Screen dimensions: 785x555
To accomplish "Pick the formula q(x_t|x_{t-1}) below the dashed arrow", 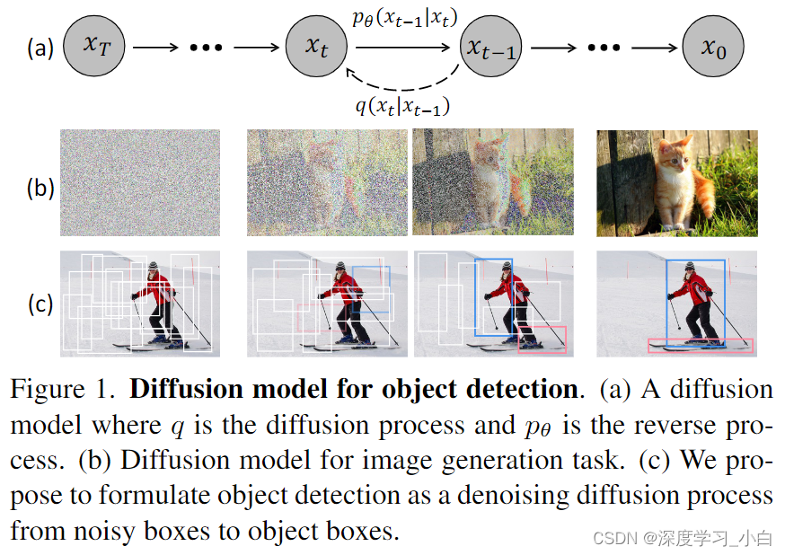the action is click(403, 107).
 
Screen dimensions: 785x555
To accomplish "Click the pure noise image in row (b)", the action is click(140, 183).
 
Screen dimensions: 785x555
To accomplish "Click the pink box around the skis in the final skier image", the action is click(701, 345).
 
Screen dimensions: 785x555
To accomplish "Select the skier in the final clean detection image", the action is click(695, 301).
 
